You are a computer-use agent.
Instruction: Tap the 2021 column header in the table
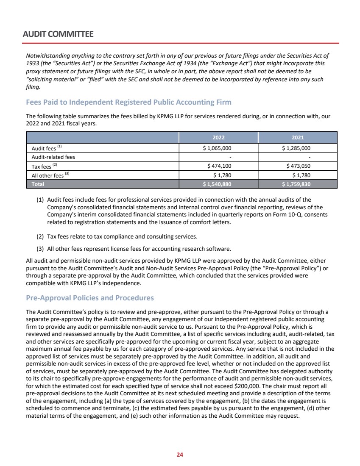tap(297, 138)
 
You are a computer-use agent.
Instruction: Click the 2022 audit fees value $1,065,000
tap(218, 148)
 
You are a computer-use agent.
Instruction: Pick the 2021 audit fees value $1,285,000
tap(296, 148)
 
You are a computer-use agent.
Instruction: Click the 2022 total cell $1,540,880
tap(218, 184)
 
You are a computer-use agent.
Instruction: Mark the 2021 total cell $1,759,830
tap(296, 184)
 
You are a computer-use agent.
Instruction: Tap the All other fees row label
tap(47, 175)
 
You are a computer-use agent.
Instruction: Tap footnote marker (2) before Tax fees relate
tap(41, 236)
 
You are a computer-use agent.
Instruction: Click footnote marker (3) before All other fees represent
tap(41, 248)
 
